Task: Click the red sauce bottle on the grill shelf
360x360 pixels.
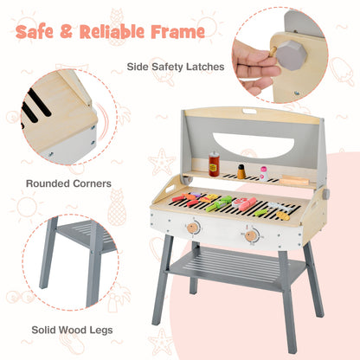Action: [214, 165]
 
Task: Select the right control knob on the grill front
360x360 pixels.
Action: [251, 235]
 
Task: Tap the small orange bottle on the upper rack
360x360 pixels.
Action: [241, 171]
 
